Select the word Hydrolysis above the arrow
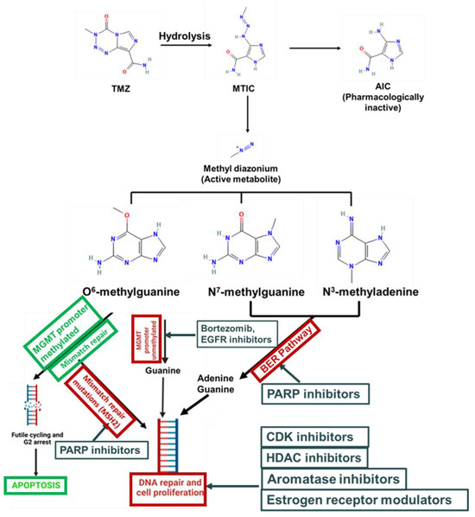click(182, 35)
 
